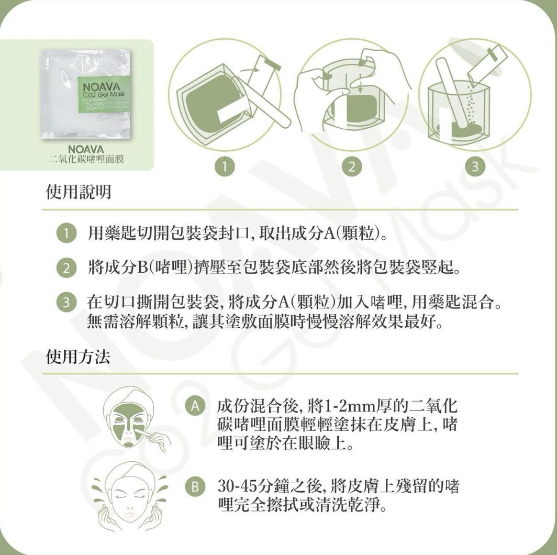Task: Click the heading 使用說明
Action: [79, 193]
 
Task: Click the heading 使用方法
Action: [79, 357]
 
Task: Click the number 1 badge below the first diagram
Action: [224, 168]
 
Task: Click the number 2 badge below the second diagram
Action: [351, 168]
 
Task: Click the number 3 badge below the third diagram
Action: [475, 168]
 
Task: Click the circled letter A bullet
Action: [195, 406]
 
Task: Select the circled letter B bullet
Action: [195, 487]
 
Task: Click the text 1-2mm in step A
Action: [354, 406]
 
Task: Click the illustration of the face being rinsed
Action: [129, 495]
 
